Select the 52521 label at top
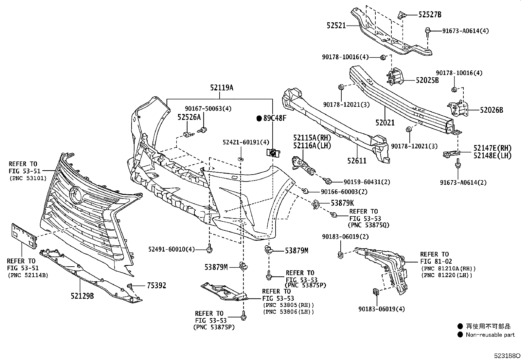[x=336, y=25]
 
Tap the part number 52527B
[x=430, y=14]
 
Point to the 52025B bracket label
[x=427, y=80]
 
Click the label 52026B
[x=492, y=110]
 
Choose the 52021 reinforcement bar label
[x=385, y=123]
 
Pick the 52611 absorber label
[x=357, y=161]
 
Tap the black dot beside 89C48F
[x=259, y=118]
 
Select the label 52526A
[x=189, y=117]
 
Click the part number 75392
[x=156, y=286]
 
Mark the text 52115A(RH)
[x=312, y=138]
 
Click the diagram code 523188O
[x=507, y=355]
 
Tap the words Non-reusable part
[x=490, y=335]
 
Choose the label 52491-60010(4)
[x=176, y=250]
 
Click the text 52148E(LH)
[x=492, y=156]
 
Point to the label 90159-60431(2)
[x=367, y=182]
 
